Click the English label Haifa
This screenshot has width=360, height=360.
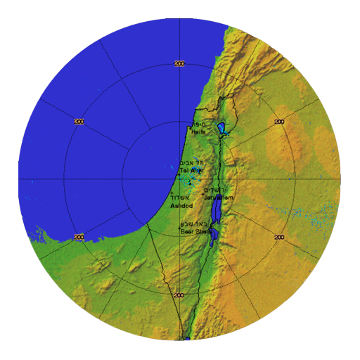(x=198, y=130)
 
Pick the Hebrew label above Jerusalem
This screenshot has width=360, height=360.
(x=217, y=191)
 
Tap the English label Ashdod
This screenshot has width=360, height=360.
(x=181, y=207)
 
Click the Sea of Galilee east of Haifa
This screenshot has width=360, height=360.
(x=221, y=128)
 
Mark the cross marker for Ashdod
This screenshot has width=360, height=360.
(x=172, y=193)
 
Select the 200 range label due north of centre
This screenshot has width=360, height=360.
(x=179, y=64)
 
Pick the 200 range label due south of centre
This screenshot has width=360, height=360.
(x=179, y=295)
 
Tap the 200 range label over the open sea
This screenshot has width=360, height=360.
(x=79, y=122)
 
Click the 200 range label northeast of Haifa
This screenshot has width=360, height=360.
(x=279, y=122)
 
